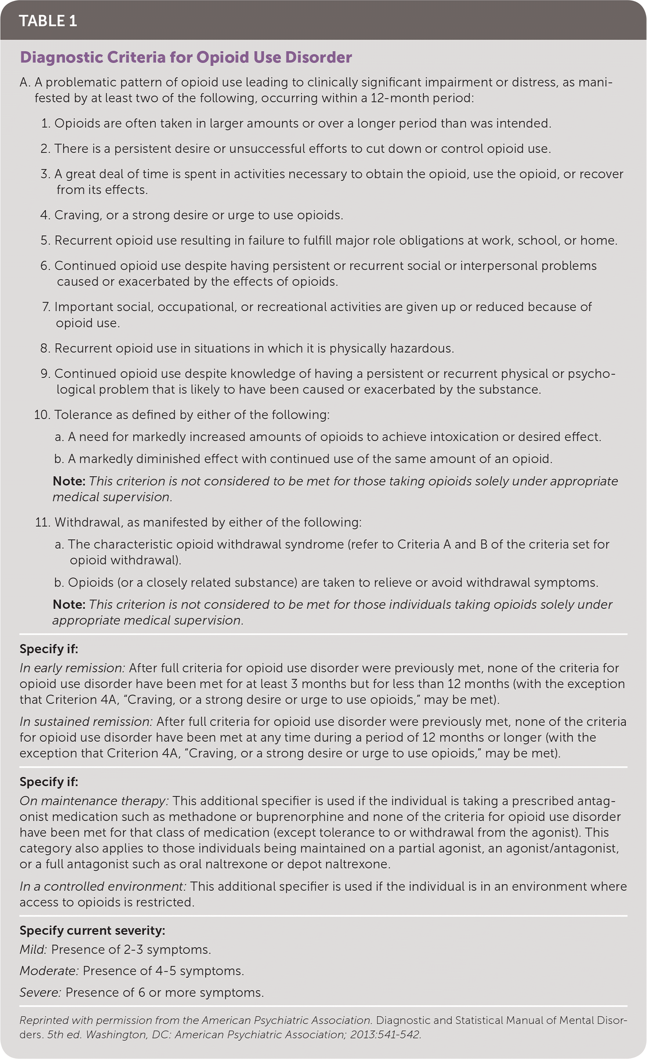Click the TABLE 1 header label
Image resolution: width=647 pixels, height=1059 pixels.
tap(48, 21)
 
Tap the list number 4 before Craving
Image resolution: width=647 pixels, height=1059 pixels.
tap(45, 215)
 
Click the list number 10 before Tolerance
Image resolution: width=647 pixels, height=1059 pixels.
tap(42, 415)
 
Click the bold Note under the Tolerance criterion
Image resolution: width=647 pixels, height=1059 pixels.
tap(69, 481)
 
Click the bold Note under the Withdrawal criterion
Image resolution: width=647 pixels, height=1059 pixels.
tap(69, 604)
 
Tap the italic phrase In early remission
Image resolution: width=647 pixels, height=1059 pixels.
tap(72, 668)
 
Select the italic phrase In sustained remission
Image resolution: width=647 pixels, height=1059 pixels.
tap(86, 722)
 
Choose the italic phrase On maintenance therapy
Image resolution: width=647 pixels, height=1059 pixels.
tap(94, 801)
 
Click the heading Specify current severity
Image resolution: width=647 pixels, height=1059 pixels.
tap(92, 931)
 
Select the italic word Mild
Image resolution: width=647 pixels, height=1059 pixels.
tap(33, 949)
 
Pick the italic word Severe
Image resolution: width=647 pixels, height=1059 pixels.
tap(40, 993)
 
